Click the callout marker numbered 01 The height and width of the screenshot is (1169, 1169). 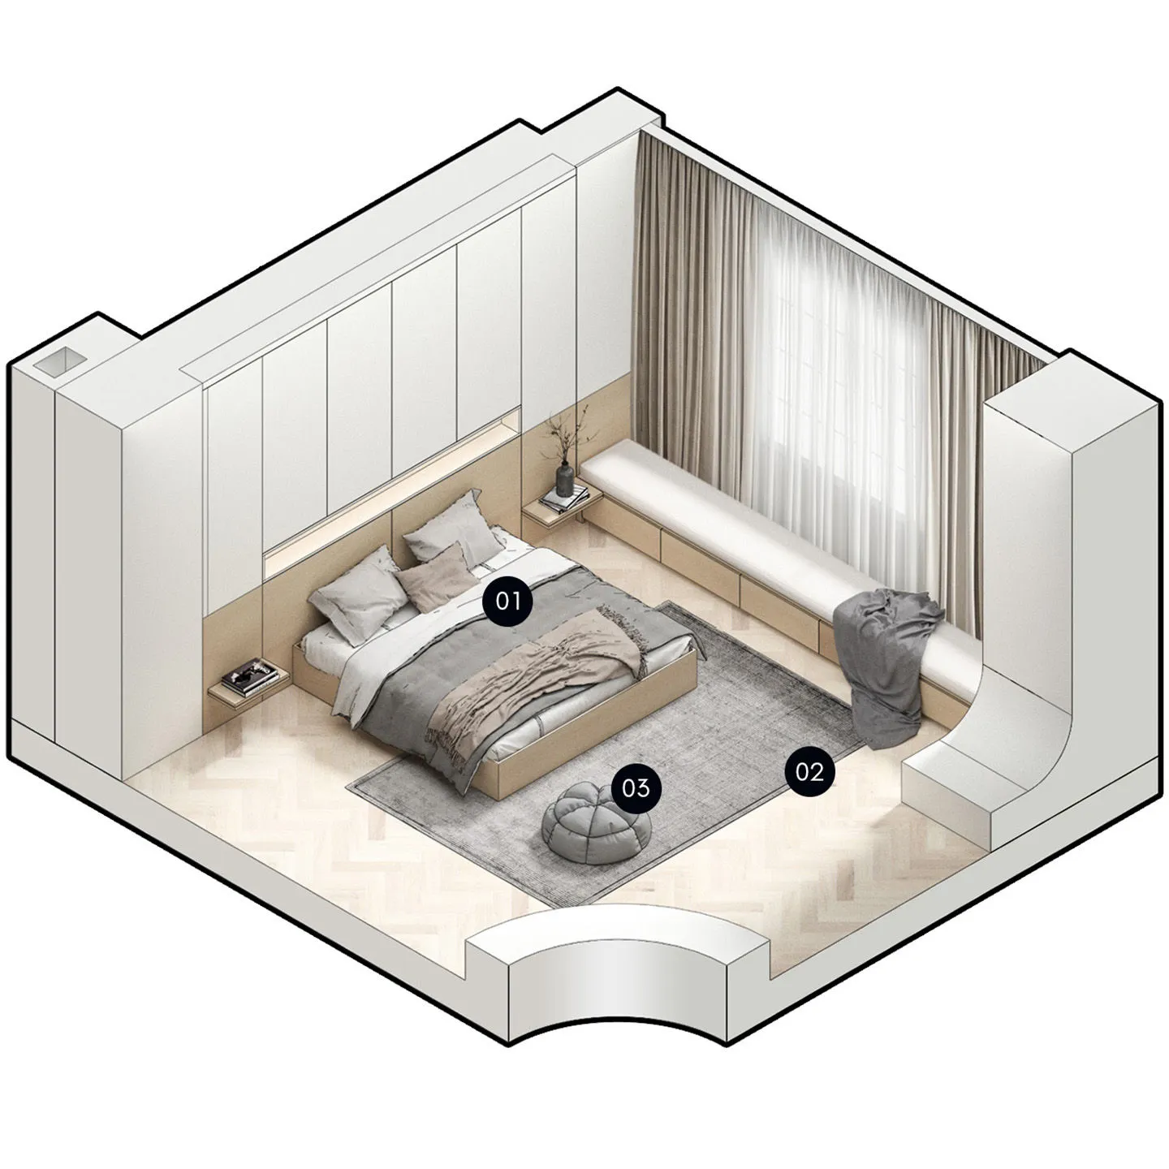[x=507, y=602]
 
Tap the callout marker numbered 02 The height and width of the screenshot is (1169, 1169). [x=810, y=772]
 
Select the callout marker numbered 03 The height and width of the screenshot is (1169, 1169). [x=636, y=787]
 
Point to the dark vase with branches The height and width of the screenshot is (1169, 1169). [x=565, y=477]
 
